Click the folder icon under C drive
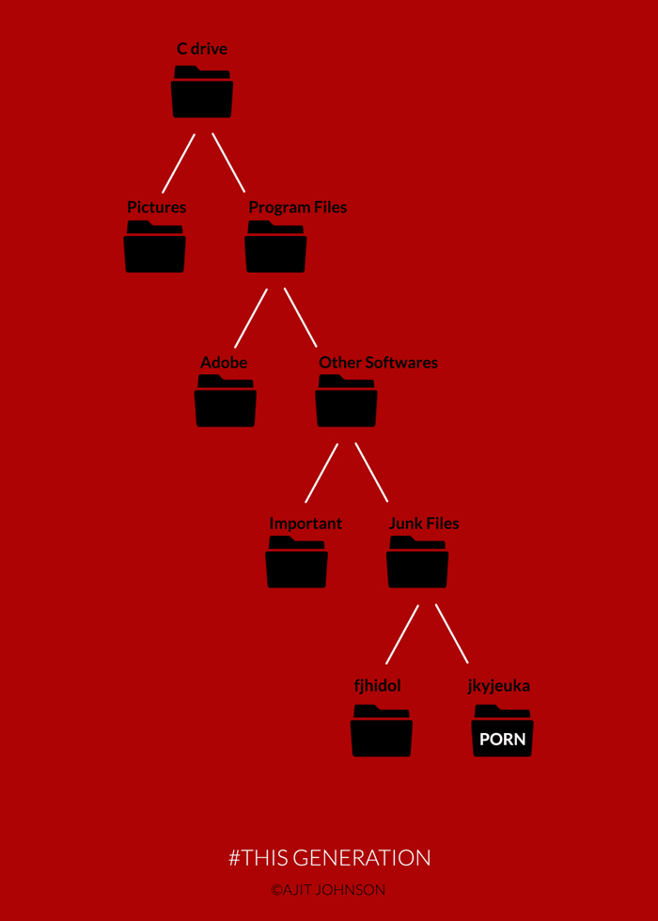(x=202, y=93)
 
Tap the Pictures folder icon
(x=155, y=248)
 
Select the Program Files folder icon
(x=275, y=248)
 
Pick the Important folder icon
(x=296, y=563)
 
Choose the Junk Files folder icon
(x=417, y=563)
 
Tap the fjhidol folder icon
(x=382, y=730)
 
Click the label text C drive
(x=202, y=49)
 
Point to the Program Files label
(x=297, y=208)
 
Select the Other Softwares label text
(x=378, y=363)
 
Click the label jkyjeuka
(x=499, y=686)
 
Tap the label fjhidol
(x=378, y=686)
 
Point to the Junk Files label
(x=424, y=523)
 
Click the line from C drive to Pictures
(x=179, y=164)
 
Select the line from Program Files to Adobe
(x=251, y=318)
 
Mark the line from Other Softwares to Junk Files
(x=371, y=472)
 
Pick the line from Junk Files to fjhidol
(x=401, y=634)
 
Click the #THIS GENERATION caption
(x=329, y=857)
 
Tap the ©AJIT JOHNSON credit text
(x=328, y=889)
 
